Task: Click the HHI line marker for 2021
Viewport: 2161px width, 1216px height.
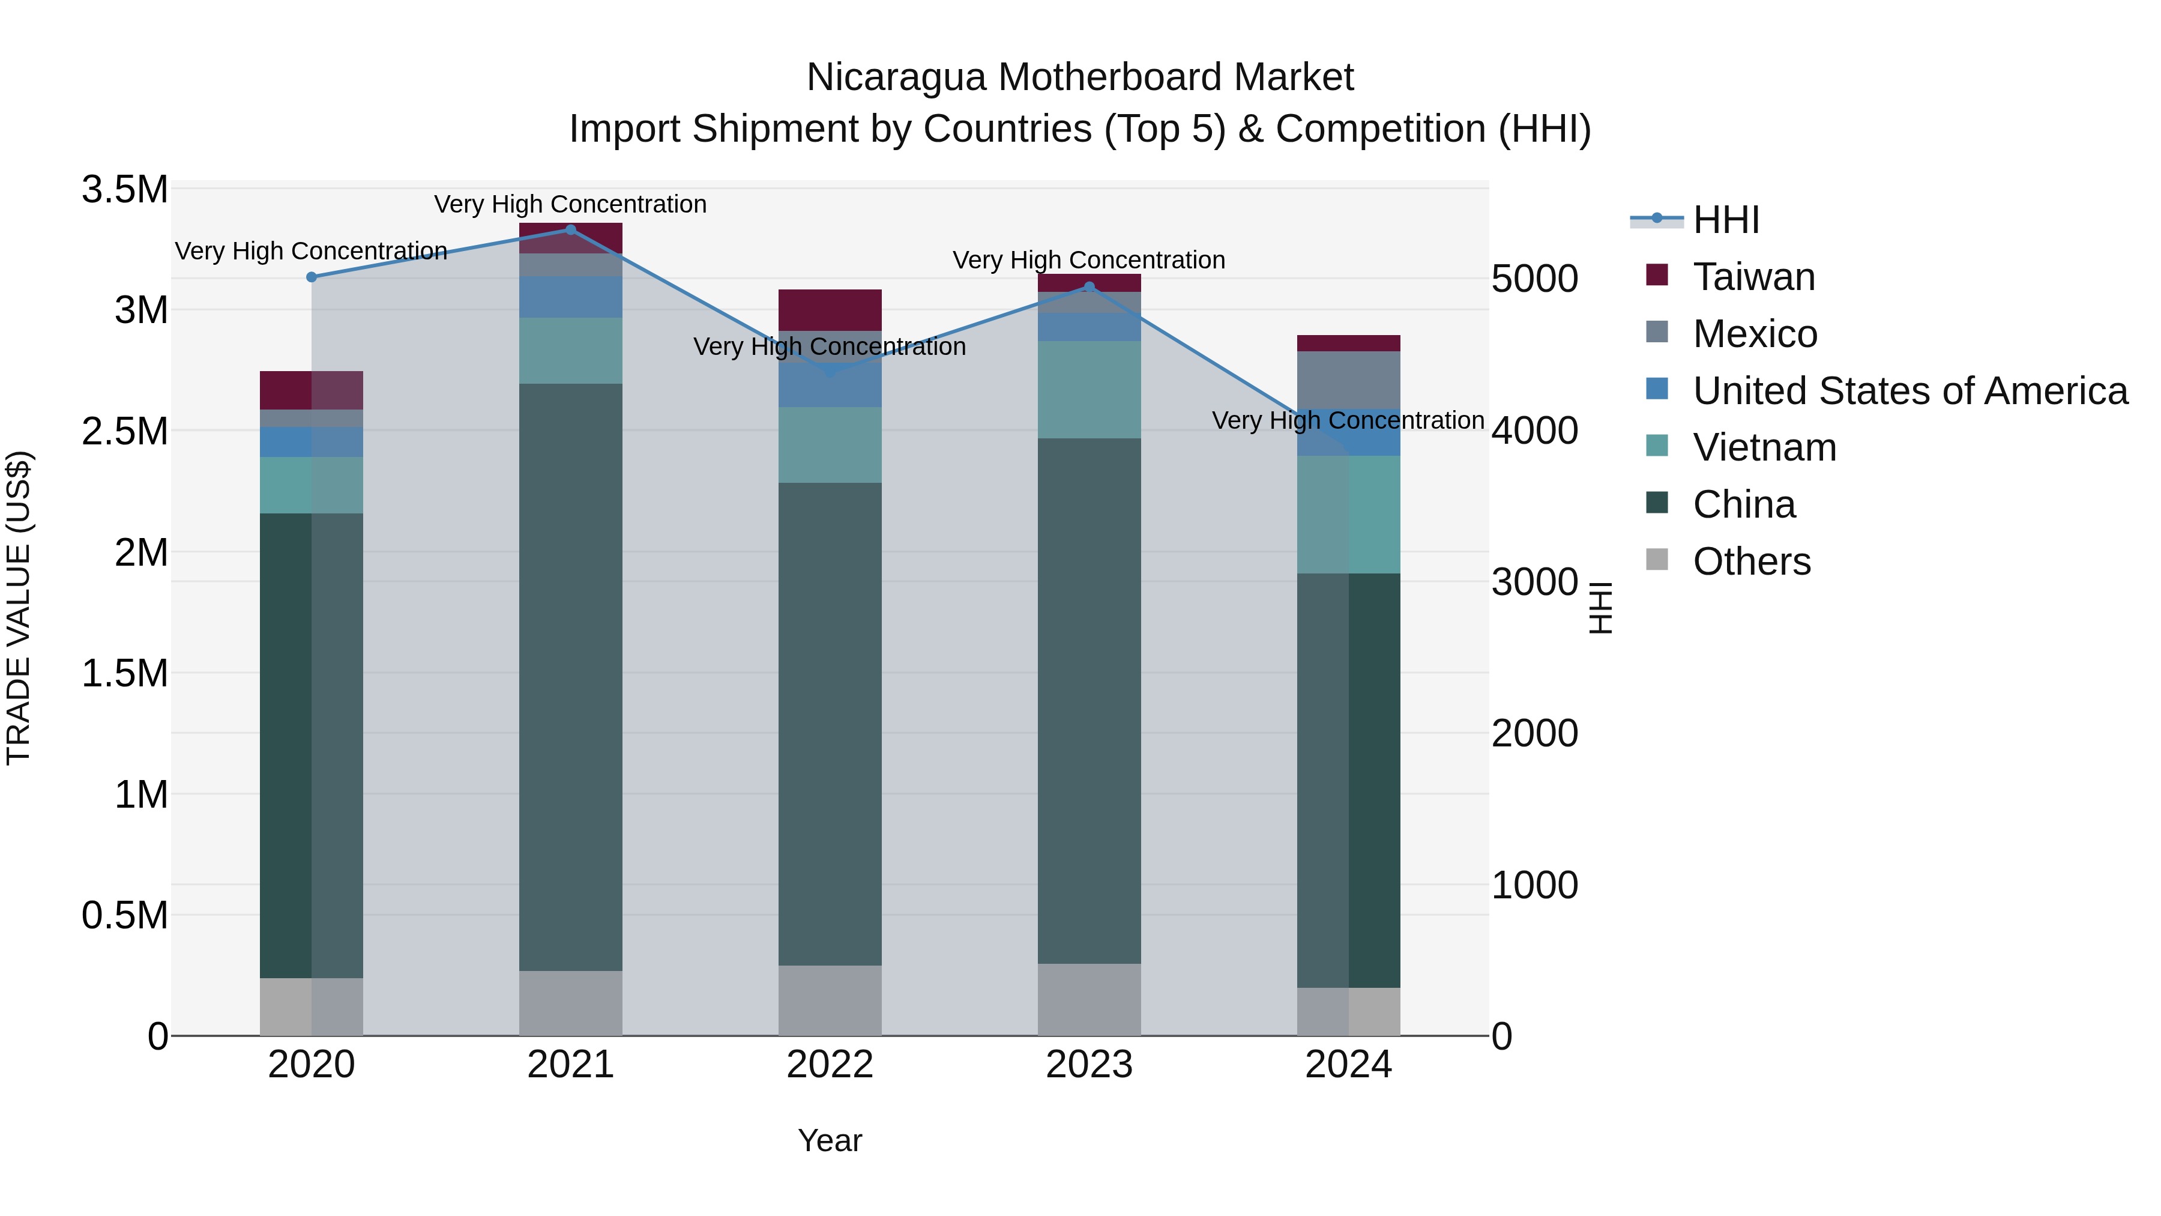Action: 570,230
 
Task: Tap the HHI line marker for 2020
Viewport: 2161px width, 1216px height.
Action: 311,277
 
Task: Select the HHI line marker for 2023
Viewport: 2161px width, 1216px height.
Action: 1089,287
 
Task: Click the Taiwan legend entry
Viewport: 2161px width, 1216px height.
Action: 1753,277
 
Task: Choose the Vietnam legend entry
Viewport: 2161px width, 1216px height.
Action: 1764,447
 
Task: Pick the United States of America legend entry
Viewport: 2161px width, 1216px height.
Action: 1909,391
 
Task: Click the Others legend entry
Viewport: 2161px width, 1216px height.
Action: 1752,561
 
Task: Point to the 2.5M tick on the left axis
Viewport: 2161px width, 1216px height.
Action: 125,431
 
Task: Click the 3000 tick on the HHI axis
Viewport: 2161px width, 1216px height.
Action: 1534,582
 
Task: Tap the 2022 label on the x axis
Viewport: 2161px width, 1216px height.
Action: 830,1065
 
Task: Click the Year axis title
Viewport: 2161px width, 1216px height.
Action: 830,1140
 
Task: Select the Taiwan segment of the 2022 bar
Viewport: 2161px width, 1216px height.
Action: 830,310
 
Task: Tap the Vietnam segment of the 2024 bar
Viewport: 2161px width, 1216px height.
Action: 1348,515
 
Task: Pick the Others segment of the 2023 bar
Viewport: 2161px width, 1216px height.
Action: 1089,999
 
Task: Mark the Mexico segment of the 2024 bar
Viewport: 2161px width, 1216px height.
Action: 1348,380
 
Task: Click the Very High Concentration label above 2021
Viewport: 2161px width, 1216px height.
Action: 570,204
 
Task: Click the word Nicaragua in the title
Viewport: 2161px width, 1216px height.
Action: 895,78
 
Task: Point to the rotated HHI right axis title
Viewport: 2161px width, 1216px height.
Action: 1600,608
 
